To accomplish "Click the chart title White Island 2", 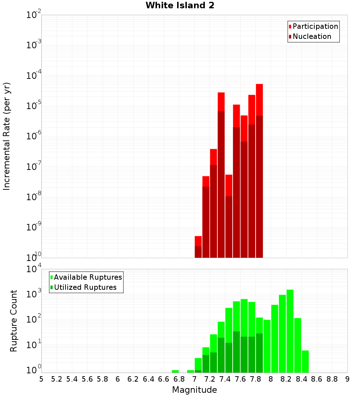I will coord(180,5).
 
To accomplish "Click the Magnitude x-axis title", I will coord(194,390).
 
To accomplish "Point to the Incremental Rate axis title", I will coord(7,136).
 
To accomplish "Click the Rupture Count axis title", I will coord(14,320).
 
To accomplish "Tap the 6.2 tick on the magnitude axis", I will coord(133,379).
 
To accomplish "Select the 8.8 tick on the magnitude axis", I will coord(332,379).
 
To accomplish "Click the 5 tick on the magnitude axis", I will coord(41,379).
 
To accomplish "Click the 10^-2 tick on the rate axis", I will coord(33,15).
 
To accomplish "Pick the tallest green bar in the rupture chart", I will coord(290,331).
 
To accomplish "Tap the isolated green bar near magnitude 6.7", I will coord(175,371).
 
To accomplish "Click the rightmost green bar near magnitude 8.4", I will coord(305,361).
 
